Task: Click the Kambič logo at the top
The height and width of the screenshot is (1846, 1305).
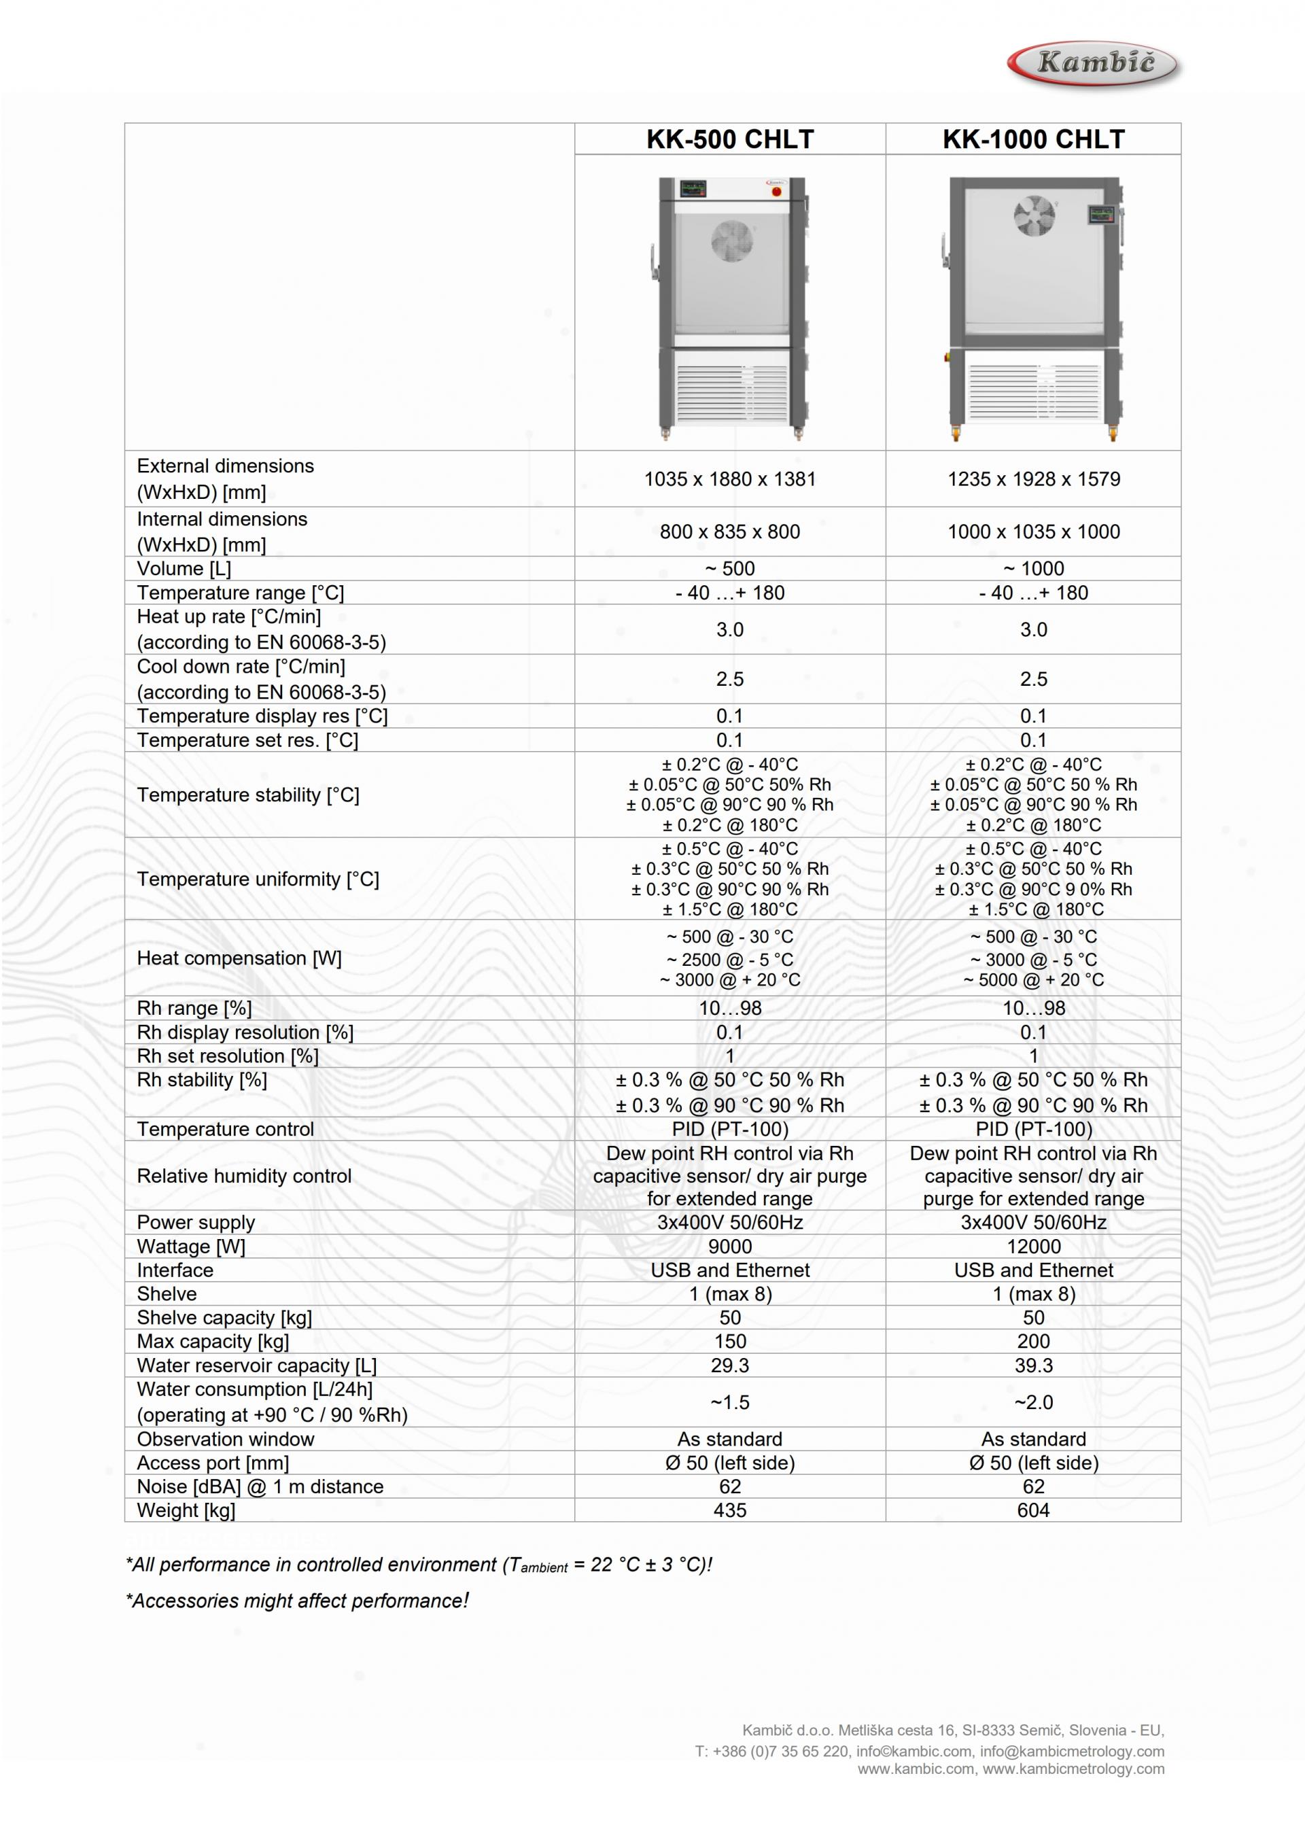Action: (1094, 63)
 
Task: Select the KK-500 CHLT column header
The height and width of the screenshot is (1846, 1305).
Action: (729, 139)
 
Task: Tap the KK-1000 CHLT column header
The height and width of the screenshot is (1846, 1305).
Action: (1032, 139)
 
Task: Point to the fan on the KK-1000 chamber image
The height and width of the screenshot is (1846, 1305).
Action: (1034, 215)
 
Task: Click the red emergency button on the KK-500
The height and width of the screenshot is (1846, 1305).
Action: (776, 192)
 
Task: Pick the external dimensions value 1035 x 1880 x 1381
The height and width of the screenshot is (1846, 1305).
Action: (729, 479)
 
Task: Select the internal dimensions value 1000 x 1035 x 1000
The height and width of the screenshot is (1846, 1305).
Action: (1032, 532)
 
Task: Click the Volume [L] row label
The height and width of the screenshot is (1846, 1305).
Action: (184, 568)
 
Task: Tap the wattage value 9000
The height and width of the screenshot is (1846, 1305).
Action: (729, 1247)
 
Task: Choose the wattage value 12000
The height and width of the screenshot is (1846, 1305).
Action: (1033, 1247)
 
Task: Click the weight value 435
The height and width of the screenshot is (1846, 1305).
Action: (729, 1510)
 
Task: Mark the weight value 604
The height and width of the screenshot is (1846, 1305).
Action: (1033, 1510)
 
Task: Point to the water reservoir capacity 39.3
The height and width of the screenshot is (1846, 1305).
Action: (1033, 1365)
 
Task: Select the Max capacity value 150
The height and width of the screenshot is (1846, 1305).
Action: (729, 1341)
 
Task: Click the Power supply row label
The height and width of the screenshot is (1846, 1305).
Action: (195, 1222)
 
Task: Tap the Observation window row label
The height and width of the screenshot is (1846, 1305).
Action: (225, 1439)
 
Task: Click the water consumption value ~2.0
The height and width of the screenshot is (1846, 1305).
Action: (1033, 1402)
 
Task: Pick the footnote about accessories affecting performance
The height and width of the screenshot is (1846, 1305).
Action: (297, 1601)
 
